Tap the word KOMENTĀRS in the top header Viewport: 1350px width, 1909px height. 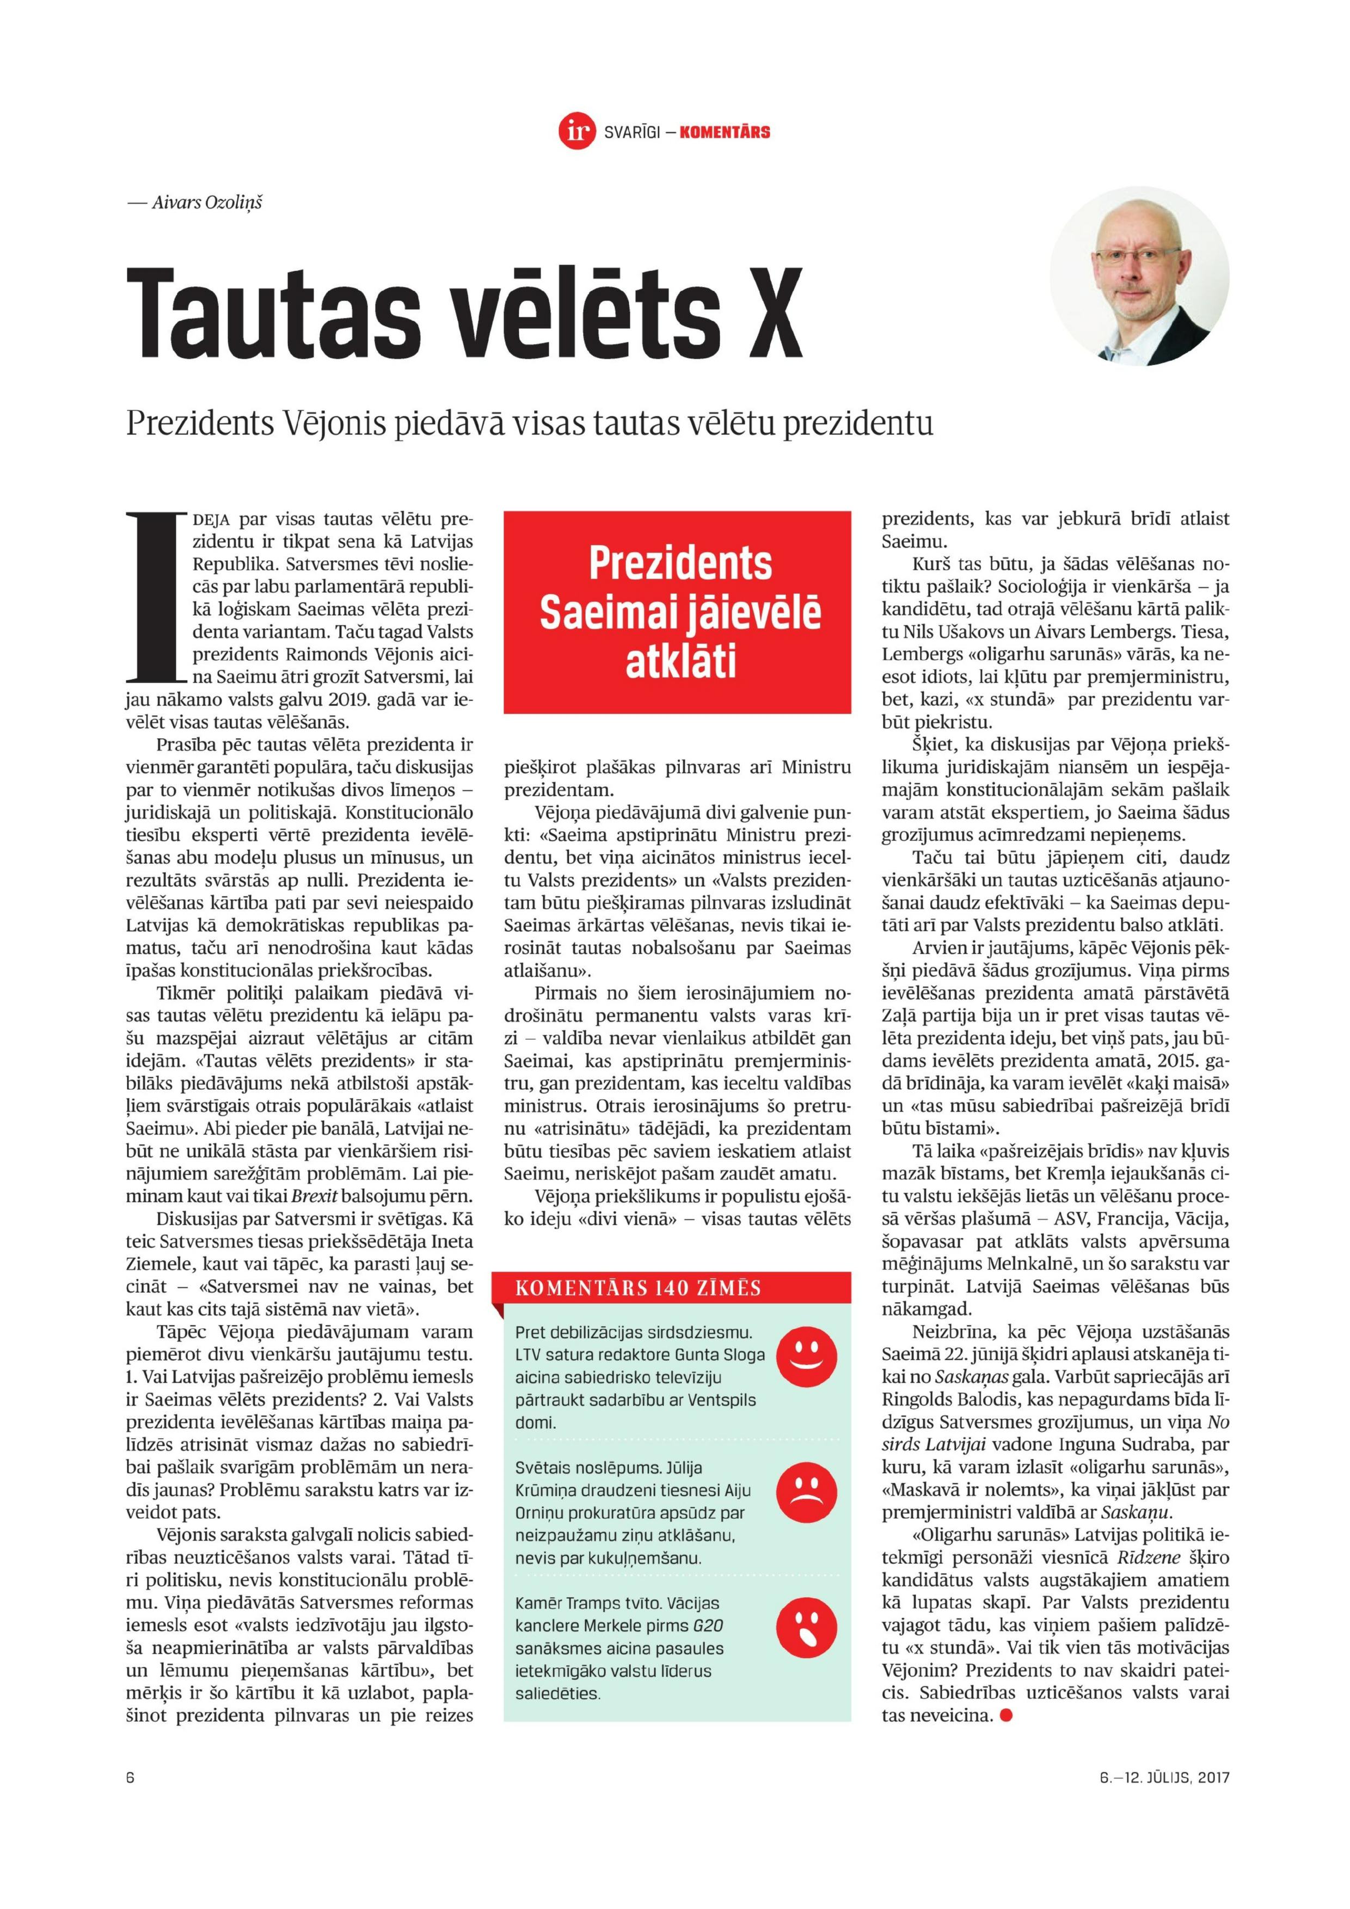click(724, 132)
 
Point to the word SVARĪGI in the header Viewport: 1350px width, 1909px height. click(633, 132)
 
